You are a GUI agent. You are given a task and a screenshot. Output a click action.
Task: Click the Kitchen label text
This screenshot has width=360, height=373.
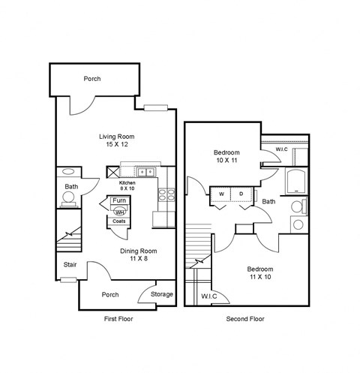tap(127, 182)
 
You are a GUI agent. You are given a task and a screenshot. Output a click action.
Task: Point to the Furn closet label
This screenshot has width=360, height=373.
tap(118, 201)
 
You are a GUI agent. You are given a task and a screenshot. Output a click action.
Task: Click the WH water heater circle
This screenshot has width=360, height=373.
tap(118, 212)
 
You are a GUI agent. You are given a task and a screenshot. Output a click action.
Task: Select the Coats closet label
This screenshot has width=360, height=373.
tap(118, 221)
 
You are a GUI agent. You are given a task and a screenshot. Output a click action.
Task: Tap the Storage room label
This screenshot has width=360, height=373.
tap(161, 294)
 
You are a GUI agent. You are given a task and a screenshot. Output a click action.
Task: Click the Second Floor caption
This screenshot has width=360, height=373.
tap(244, 319)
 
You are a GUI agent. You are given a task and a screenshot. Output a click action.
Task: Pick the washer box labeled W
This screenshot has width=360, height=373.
tap(221, 194)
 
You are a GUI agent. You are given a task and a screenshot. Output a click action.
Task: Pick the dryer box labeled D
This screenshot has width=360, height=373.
tap(241, 194)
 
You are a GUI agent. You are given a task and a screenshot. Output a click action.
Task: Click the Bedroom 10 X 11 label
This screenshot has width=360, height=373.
tap(224, 156)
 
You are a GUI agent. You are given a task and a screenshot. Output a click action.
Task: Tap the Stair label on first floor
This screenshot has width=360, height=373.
tap(70, 264)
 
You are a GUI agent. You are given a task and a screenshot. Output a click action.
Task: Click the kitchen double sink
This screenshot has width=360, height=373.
tap(145, 172)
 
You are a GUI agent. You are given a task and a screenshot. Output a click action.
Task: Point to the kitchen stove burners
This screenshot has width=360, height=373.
tap(166, 196)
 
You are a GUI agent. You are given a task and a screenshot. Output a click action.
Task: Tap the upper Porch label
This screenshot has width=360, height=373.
tap(93, 78)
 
